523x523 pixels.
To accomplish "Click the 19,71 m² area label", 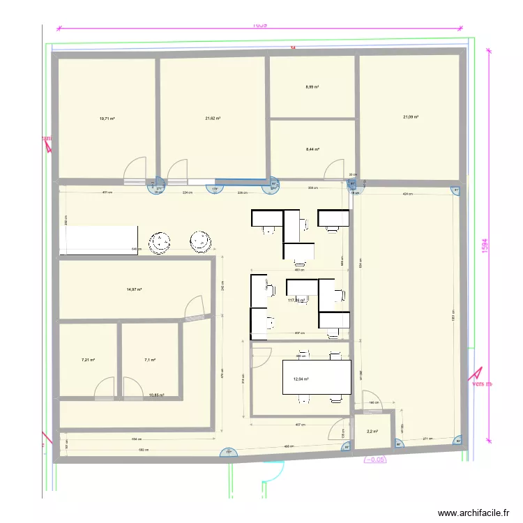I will click(107, 119).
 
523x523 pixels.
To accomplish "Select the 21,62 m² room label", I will click(213, 119).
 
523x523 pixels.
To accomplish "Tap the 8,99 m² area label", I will click(312, 87).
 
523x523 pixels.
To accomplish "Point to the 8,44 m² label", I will click(312, 149).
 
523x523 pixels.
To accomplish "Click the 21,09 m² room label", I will click(411, 117).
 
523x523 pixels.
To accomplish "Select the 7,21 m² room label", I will click(88, 360).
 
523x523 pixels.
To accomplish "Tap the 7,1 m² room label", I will click(149, 360).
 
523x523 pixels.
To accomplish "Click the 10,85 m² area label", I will click(156, 395).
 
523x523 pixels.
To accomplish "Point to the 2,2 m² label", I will click(372, 432).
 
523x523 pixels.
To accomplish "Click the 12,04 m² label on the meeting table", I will click(301, 379).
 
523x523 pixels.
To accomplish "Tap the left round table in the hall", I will click(162, 241).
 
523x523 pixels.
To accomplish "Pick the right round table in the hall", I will click(202, 241).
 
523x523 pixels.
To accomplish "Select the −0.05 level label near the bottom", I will click(374, 460).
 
